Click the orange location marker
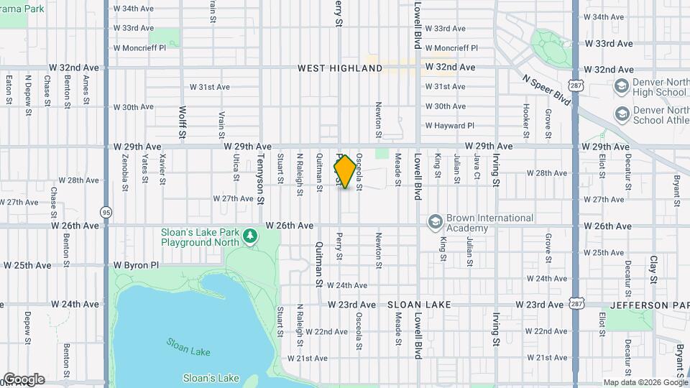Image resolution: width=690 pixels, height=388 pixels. [345, 172]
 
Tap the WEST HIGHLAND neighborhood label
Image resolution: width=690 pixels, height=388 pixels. [341, 68]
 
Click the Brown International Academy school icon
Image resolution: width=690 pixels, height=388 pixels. [433, 223]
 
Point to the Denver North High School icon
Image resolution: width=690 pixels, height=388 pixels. [621, 87]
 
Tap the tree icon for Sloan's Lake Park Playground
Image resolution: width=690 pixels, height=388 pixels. [249, 236]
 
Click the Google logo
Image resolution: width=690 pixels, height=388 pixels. [23, 379]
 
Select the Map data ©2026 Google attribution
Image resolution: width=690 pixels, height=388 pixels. [645, 382]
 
